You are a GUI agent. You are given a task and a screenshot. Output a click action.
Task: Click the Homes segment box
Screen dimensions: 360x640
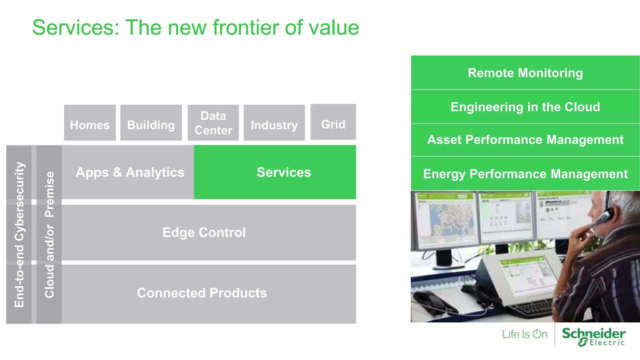point(90,122)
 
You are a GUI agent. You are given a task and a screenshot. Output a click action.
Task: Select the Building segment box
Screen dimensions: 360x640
point(151,122)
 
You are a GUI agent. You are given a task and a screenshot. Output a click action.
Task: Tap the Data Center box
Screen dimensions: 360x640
point(213,122)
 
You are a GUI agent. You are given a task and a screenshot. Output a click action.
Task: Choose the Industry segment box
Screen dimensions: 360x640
point(274,122)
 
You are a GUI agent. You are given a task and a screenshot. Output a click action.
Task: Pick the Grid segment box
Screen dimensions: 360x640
point(333,122)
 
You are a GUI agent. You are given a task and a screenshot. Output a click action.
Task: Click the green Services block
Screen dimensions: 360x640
point(275,172)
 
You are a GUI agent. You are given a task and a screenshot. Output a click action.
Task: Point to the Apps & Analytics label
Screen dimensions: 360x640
point(130,172)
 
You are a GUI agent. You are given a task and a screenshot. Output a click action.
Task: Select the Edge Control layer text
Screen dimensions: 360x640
point(204,232)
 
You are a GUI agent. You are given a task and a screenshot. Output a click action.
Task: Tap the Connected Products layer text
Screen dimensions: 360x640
point(202,293)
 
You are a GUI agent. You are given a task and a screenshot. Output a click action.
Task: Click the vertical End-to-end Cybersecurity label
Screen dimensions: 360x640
point(19,234)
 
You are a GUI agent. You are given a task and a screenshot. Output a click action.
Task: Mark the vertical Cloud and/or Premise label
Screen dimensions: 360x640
point(49,234)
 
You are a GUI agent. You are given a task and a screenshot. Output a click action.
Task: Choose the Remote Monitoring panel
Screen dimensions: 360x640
point(525,73)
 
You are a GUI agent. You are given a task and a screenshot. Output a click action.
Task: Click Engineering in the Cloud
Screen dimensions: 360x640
point(525,107)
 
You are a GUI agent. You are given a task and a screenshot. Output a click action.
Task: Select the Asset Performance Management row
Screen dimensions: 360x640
point(525,140)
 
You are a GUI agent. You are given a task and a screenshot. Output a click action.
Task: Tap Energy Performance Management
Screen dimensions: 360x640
point(525,174)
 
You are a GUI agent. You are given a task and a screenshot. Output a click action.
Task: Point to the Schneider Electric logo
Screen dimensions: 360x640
point(593,336)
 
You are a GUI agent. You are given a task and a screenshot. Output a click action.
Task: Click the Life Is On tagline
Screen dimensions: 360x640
point(525,334)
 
